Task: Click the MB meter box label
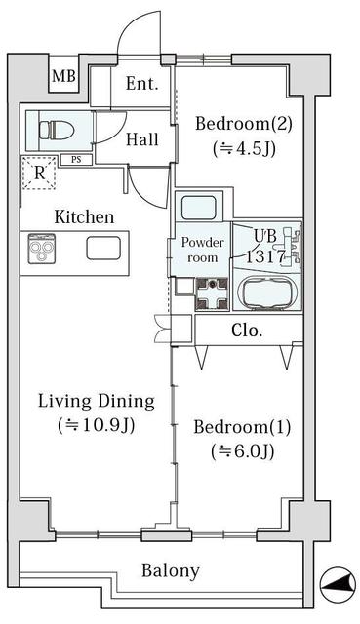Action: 63,76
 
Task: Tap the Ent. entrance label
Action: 141,84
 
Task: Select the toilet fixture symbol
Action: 57,130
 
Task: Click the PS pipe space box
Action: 76,160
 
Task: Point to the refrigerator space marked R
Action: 39,173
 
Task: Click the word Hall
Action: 142,139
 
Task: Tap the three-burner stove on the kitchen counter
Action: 42,249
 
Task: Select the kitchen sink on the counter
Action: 103,249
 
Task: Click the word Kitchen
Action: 84,216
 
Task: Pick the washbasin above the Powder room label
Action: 199,207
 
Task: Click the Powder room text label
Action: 203,250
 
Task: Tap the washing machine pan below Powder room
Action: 212,294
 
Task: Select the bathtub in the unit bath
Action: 266,292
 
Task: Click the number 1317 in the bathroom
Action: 266,256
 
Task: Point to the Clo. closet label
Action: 247,331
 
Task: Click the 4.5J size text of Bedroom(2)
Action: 244,149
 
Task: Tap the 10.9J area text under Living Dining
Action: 96,425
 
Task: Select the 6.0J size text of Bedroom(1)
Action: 243,451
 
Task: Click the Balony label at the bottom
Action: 171,571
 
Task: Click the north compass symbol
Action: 339,584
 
